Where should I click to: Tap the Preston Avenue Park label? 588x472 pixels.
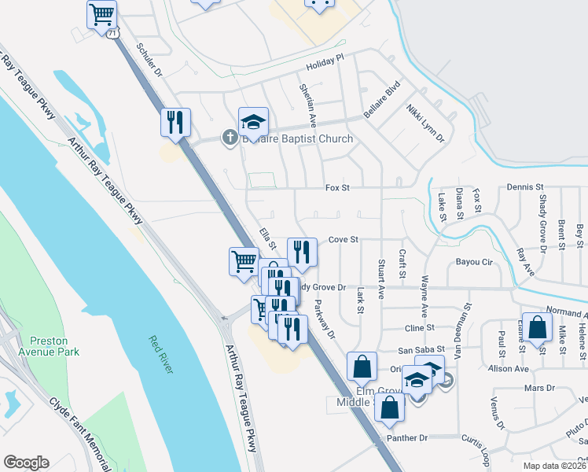pyautogui.click(x=54, y=346)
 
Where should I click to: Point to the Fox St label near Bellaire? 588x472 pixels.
pyautogui.click(x=337, y=188)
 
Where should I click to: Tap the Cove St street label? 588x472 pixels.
pyautogui.click(x=343, y=239)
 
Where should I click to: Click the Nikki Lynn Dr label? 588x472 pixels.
pyautogui.click(x=424, y=124)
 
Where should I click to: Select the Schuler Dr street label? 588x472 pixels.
pyautogui.click(x=148, y=60)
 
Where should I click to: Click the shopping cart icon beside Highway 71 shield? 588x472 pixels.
pyautogui.click(x=102, y=14)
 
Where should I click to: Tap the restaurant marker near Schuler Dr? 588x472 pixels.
pyautogui.click(x=175, y=122)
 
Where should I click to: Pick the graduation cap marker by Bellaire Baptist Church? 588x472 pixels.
pyautogui.click(x=254, y=121)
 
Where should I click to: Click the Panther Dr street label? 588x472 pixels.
pyautogui.click(x=406, y=437)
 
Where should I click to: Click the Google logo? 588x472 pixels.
pyautogui.click(x=26, y=463)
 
